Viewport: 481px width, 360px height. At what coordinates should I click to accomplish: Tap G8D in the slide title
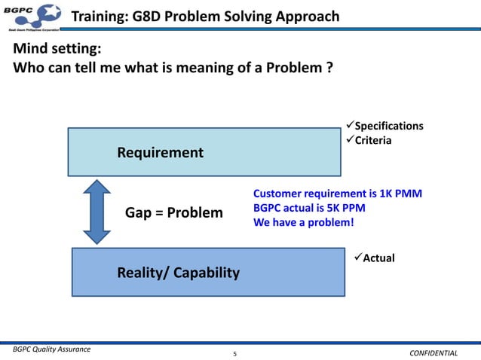152,17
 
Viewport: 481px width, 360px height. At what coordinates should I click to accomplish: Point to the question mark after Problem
329,69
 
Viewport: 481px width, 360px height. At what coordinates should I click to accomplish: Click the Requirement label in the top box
160,153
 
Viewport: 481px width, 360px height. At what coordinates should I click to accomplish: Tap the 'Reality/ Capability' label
178,272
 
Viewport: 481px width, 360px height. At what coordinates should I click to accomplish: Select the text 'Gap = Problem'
174,212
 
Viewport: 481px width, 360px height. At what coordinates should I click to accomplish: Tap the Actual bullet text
378,258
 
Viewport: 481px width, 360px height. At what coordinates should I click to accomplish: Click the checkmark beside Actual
357,258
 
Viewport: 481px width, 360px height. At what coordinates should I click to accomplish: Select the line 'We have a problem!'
303,222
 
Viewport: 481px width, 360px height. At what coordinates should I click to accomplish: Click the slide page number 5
234,352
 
